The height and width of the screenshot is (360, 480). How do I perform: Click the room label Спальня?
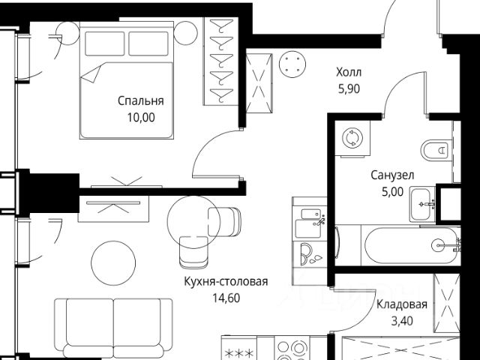140,100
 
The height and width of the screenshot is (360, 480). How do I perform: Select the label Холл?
348,73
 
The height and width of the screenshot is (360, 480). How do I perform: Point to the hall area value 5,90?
348,88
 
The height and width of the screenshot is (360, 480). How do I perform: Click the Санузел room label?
391,175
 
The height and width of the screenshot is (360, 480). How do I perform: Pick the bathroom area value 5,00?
391,190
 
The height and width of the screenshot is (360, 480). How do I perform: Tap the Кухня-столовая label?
225,282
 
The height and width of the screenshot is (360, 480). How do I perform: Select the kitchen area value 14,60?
225,297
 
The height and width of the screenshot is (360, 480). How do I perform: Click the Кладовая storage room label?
402,304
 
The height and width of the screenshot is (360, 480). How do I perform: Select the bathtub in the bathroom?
409,244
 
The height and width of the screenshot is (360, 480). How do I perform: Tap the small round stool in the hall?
292,64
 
